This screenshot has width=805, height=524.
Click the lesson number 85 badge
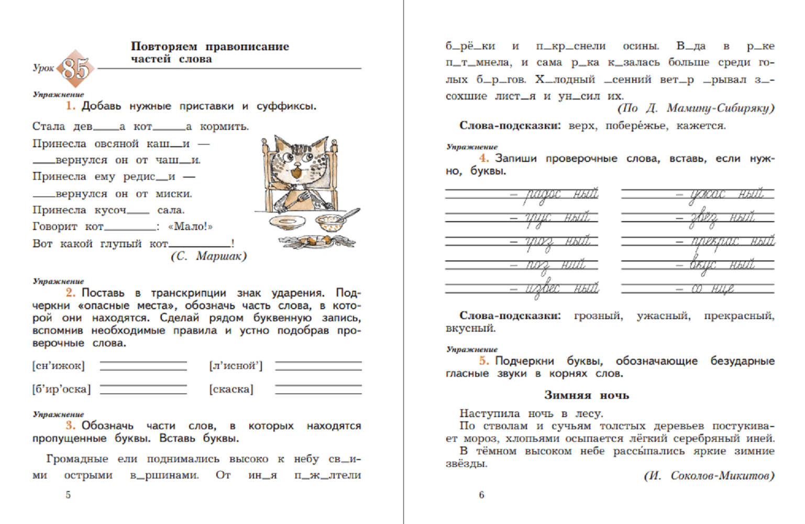pyautogui.click(x=76, y=69)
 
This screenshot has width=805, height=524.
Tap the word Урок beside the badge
pyautogui.click(x=43, y=68)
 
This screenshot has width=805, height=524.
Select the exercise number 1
pyautogui.click(x=70, y=106)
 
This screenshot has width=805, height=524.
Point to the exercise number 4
pyautogui.click(x=484, y=158)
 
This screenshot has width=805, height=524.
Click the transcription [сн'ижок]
pyautogui.click(x=58, y=366)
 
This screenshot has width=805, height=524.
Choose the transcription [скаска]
pyautogui.click(x=231, y=389)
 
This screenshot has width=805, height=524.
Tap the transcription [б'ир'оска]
pyautogui.click(x=61, y=389)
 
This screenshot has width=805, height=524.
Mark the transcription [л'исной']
pyautogui.click(x=236, y=366)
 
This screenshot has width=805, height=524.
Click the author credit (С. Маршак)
pyautogui.click(x=208, y=256)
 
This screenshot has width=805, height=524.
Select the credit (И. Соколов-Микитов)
pyautogui.click(x=709, y=476)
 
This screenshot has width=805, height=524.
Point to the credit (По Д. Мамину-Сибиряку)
pyautogui.click(x=696, y=108)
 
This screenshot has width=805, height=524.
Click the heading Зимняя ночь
pyautogui.click(x=586, y=395)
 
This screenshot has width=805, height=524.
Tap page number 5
pyautogui.click(x=68, y=495)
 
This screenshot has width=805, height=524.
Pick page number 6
pyautogui.click(x=481, y=495)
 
